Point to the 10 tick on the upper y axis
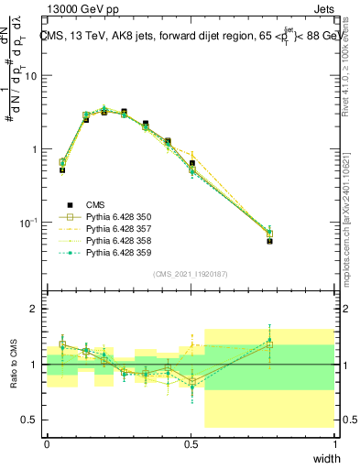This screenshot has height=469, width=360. click(31, 76)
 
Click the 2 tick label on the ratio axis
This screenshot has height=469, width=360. click(35, 310)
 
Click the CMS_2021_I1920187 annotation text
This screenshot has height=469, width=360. click(191, 274)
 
